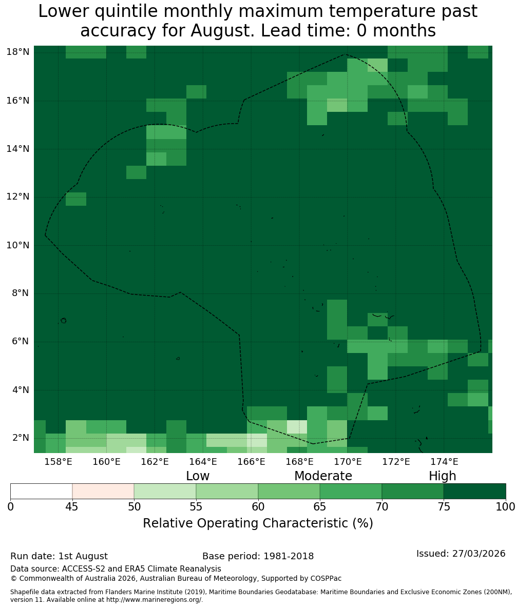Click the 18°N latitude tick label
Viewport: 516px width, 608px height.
click(18, 52)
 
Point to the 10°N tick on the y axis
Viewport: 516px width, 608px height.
click(18, 245)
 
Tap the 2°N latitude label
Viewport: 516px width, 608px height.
click(21, 438)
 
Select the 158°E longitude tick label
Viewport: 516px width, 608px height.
click(59, 462)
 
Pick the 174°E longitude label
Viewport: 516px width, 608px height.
click(444, 462)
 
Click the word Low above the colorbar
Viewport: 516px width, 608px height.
click(198, 476)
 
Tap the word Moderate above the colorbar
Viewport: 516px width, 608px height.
click(323, 476)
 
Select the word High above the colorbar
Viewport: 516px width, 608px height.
click(442, 476)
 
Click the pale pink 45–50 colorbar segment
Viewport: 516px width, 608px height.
click(103, 492)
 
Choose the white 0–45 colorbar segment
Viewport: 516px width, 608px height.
click(42, 492)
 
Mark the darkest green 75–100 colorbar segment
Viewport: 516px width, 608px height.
click(474, 492)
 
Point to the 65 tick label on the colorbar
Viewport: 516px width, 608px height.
click(320, 507)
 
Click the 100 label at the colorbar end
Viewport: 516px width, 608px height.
click(506, 507)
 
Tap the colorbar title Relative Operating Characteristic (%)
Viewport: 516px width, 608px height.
click(258, 523)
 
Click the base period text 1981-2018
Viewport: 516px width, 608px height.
click(289, 556)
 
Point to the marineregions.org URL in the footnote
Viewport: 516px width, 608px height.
click(154, 599)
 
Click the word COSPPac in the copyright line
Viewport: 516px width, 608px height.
click(326, 579)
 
